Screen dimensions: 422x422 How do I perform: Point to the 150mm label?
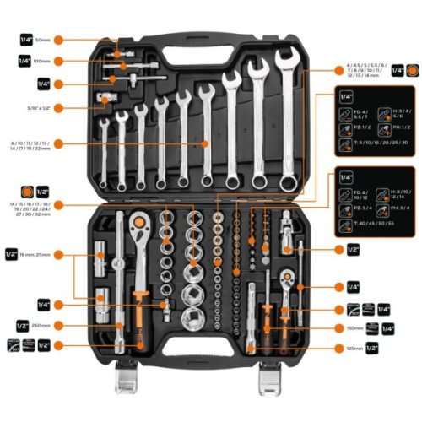click(355, 328)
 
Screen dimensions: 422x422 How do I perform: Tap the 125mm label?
click(354, 348)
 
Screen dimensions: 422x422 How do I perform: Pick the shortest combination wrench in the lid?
click(103, 152)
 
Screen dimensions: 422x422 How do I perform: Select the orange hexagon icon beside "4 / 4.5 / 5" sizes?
click(411, 72)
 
